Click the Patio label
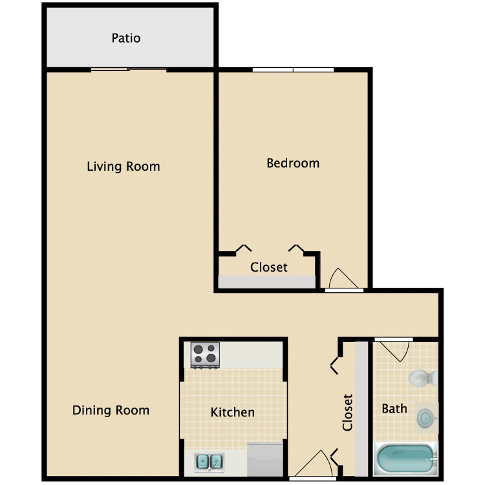(126, 38)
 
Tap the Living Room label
(124, 166)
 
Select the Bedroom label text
(293, 163)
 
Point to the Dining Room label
(111, 410)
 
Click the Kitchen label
(233, 412)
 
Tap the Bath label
(394, 409)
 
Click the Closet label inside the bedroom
(269, 267)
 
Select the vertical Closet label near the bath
(348, 413)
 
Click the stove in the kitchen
(205, 355)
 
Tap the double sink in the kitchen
(209, 462)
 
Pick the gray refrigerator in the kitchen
(265, 459)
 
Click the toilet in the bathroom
(423, 378)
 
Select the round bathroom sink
(426, 418)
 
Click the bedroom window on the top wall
(293, 70)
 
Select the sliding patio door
(129, 70)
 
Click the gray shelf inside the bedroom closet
(267, 282)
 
